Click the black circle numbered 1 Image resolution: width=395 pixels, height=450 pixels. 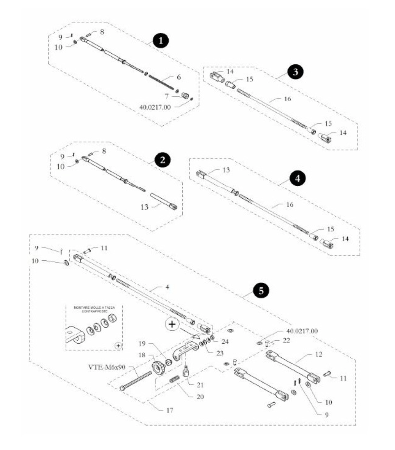click(x=161, y=41)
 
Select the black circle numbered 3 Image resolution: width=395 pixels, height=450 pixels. click(x=296, y=72)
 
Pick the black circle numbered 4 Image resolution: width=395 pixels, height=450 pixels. click(x=297, y=179)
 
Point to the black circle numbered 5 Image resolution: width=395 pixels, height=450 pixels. click(x=261, y=291)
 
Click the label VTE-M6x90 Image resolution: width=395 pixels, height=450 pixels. click(x=107, y=367)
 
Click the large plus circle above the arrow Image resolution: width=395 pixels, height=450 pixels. click(x=172, y=324)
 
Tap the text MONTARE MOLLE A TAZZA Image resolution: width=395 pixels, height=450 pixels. click(x=94, y=308)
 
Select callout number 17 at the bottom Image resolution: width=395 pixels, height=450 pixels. click(x=170, y=410)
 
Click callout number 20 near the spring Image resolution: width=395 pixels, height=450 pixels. click(x=200, y=397)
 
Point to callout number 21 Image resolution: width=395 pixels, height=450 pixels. click(x=200, y=385)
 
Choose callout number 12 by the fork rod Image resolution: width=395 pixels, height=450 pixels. click(x=318, y=354)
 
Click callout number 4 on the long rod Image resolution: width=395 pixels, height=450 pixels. click(x=167, y=287)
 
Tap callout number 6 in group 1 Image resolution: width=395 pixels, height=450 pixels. click(x=179, y=77)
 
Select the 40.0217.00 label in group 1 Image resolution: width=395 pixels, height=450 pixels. click(x=155, y=107)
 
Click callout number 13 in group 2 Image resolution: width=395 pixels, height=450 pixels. click(x=144, y=207)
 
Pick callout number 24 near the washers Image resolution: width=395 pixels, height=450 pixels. click(x=225, y=341)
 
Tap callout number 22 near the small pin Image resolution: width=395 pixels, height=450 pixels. click(x=286, y=340)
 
